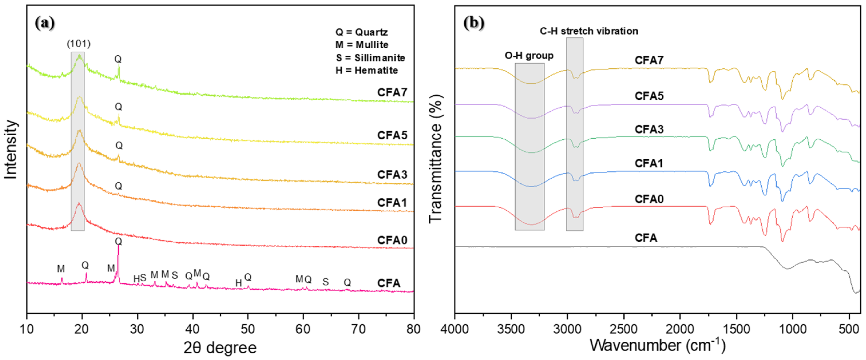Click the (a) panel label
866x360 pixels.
[44, 23]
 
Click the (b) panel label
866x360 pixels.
[474, 23]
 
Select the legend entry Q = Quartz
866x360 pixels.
[362, 32]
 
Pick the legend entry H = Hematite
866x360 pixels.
[366, 70]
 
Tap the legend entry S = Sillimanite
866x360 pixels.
[370, 58]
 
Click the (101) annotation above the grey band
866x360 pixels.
[79, 44]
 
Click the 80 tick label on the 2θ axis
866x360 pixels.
[413, 329]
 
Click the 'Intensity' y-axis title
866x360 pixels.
[11, 150]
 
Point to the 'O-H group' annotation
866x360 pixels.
[529, 55]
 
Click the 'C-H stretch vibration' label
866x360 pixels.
[589, 31]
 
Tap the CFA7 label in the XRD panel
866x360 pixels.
[392, 92]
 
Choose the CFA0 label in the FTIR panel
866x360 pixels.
[649, 199]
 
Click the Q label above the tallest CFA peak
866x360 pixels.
[118, 241]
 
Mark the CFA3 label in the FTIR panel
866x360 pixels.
[649, 129]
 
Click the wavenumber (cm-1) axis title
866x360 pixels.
[657, 345]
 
